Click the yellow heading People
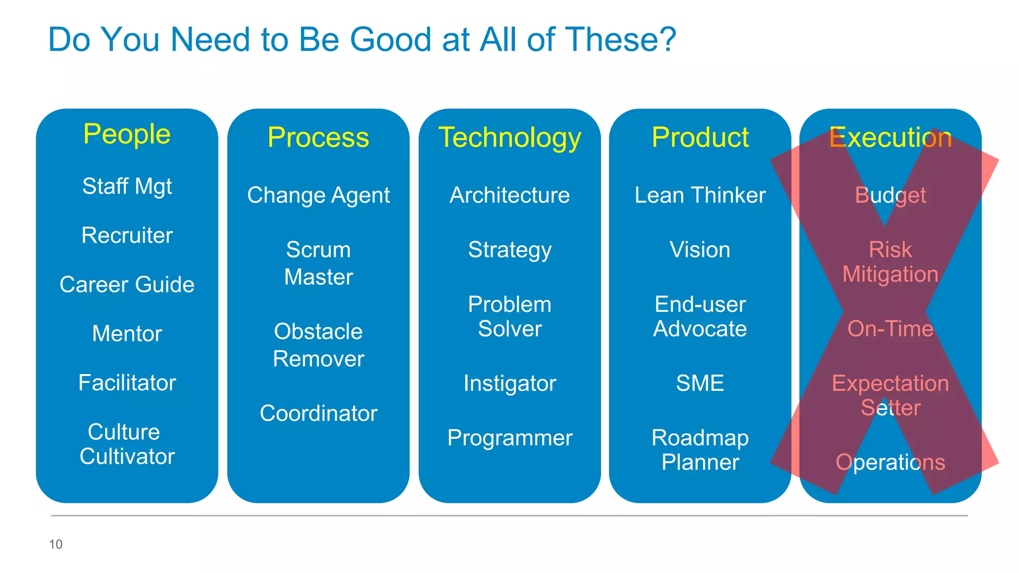pos(127,134)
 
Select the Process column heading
pos(318,137)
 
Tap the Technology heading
pos(509,138)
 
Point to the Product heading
pos(700,137)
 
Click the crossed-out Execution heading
pos(890,137)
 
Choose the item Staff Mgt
pos(127,187)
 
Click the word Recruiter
pos(127,235)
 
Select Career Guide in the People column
pos(127,285)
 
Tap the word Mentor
pos(127,333)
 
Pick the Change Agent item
pos(318,195)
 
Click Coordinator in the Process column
pos(318,413)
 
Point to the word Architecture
pos(509,195)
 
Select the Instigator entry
pos(509,383)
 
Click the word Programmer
pos(509,438)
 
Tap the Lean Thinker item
pos(700,195)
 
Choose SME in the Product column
pos(700,383)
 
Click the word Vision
pos(700,250)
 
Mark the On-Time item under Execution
pos(890,329)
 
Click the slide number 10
pos(56,544)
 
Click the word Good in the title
pos(391,39)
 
